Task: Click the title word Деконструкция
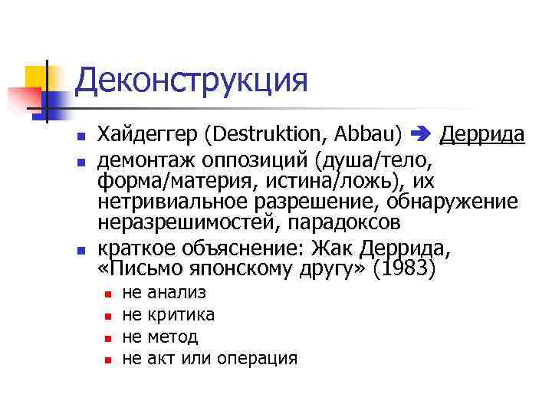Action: (192, 80)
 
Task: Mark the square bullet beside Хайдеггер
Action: (80, 136)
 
